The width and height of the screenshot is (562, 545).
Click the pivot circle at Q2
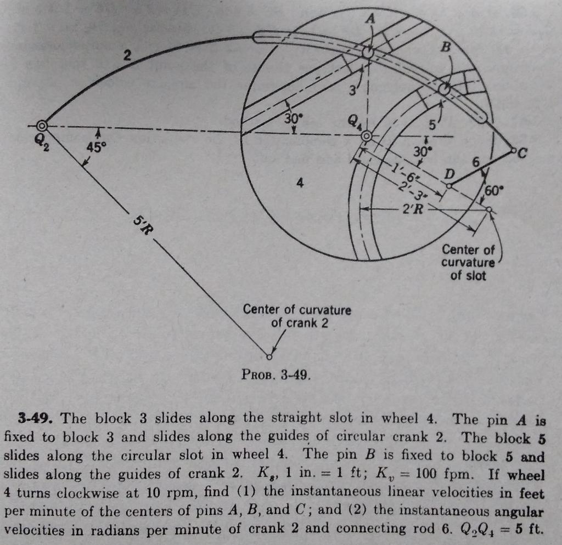(x=41, y=126)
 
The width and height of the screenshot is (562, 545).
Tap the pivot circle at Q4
(x=367, y=136)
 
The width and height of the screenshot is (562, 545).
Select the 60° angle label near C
(x=492, y=190)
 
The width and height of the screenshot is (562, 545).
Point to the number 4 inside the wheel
(x=299, y=184)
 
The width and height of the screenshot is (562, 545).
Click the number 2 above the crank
(x=127, y=55)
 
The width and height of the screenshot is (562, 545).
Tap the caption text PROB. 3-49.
(x=276, y=376)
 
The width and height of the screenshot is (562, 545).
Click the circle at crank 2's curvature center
(x=269, y=357)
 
